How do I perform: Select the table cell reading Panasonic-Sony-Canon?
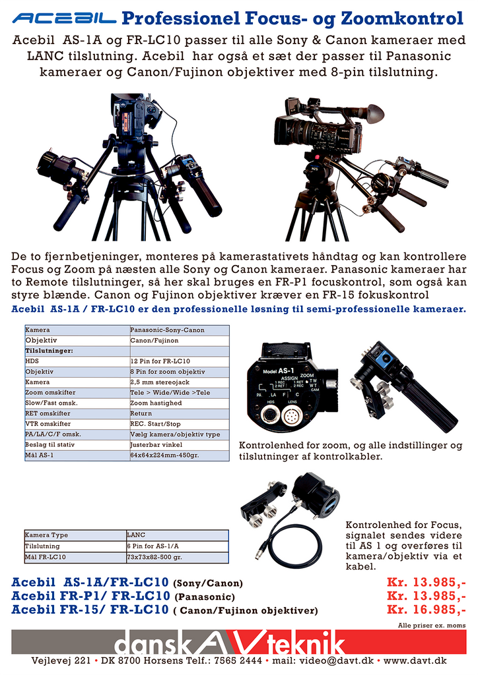click(x=167, y=330)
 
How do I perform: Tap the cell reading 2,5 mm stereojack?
click(x=160, y=382)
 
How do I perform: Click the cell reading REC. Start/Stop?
click(x=155, y=424)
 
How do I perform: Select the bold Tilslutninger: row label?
click(x=49, y=351)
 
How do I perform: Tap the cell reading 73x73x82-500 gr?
click(x=154, y=557)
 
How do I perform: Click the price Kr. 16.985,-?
click(x=427, y=610)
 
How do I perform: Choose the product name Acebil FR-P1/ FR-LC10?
click(x=90, y=597)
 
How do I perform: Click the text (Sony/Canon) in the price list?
click(x=207, y=584)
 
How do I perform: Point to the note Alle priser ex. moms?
click(x=431, y=625)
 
